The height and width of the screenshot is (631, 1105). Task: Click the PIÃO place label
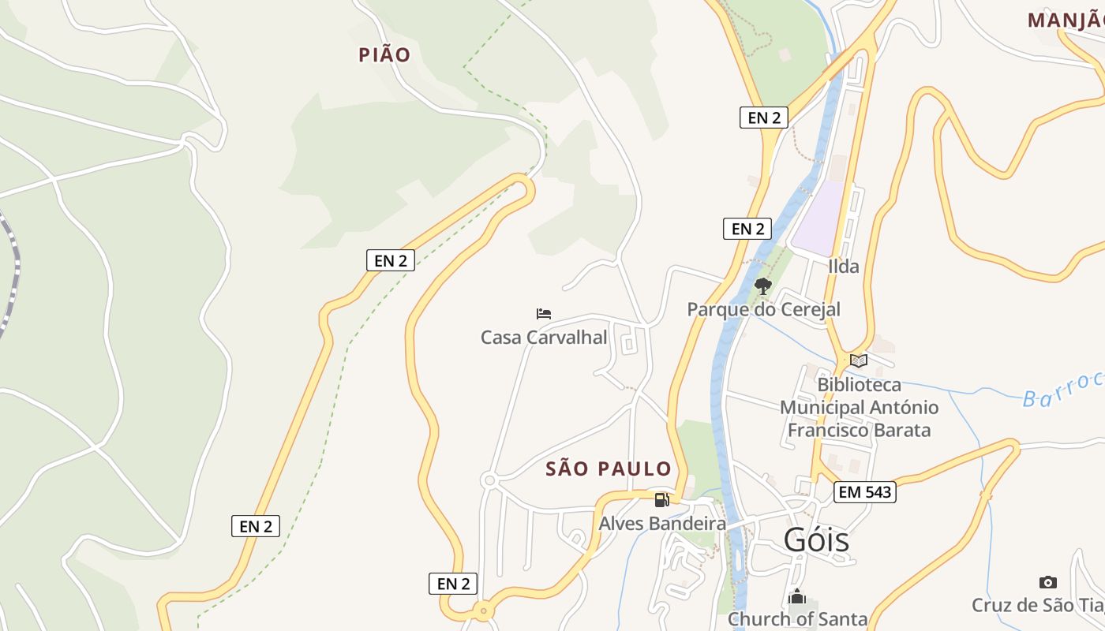(x=384, y=54)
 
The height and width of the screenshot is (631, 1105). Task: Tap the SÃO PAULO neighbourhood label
(x=609, y=469)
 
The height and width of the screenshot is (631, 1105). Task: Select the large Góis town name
(x=816, y=540)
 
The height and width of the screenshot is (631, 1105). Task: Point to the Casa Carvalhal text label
(x=544, y=338)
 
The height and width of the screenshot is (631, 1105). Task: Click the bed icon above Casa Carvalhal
(x=544, y=314)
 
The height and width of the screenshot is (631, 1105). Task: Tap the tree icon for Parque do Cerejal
(x=762, y=286)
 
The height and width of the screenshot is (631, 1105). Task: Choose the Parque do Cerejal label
(x=763, y=309)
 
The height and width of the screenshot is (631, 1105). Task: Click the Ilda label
(x=843, y=267)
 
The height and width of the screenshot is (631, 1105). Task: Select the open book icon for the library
(x=859, y=361)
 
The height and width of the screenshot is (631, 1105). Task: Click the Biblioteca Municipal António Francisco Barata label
(x=859, y=408)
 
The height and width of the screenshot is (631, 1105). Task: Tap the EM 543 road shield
(x=864, y=492)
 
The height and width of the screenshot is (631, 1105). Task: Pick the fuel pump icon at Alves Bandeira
(x=661, y=499)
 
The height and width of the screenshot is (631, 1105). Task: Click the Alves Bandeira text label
(x=661, y=524)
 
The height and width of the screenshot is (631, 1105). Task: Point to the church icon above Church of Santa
(x=797, y=597)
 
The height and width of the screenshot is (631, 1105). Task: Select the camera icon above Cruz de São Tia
(x=1047, y=583)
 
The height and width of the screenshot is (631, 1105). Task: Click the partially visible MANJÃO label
(x=1066, y=21)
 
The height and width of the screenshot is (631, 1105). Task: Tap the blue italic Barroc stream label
(x=1062, y=391)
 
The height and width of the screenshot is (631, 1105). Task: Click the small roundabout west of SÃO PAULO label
(x=489, y=480)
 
